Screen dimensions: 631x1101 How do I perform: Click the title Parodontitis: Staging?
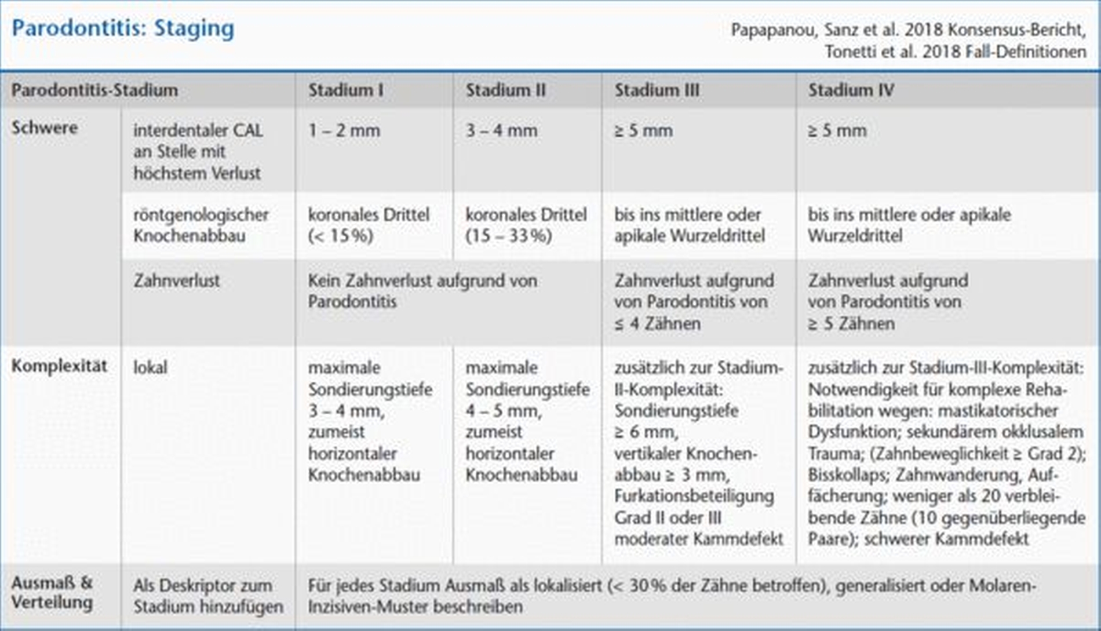click(x=123, y=28)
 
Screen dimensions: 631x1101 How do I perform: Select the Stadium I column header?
click(x=345, y=90)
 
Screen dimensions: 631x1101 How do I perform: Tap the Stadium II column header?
click(x=505, y=90)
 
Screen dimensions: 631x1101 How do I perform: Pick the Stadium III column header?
click(x=657, y=90)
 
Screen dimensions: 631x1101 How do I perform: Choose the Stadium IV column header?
click(x=851, y=90)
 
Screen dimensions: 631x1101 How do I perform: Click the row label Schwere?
click(x=44, y=128)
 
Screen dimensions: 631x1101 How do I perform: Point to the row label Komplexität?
click(x=59, y=366)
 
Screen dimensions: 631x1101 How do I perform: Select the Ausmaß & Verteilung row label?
click(x=52, y=593)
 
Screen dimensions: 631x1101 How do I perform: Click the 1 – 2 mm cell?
click(x=344, y=131)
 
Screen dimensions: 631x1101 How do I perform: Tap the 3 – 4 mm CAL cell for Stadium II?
click(x=501, y=131)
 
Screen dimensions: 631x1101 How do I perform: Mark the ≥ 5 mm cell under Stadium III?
click(x=643, y=131)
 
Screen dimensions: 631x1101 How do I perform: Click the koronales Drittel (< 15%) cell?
click(x=369, y=225)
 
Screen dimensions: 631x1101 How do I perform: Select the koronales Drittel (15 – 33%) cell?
click(x=526, y=225)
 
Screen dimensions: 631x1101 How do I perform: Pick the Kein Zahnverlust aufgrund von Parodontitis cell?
click(x=422, y=291)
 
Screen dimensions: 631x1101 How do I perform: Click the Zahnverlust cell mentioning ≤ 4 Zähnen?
click(x=694, y=302)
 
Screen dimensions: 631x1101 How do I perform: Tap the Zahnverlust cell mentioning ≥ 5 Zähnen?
click(x=888, y=302)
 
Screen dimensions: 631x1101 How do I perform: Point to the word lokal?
click(x=150, y=367)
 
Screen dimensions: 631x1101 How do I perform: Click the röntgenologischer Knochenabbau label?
click(x=200, y=225)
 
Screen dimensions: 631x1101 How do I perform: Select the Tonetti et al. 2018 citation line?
click(x=955, y=52)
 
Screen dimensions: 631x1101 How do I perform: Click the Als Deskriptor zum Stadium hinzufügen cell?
click(x=208, y=596)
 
